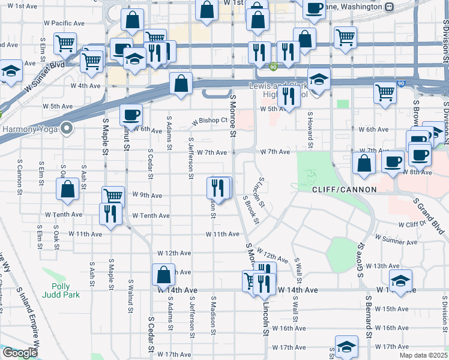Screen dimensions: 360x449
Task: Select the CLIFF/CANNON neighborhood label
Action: (344, 190)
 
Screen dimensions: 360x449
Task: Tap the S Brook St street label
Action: (251, 209)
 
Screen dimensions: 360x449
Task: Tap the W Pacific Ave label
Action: (64, 23)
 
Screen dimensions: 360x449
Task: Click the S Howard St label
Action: (310, 130)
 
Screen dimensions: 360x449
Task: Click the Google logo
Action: (19, 353)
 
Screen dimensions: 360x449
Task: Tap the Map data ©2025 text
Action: (424, 356)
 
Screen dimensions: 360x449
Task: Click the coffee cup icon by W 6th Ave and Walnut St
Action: (130, 115)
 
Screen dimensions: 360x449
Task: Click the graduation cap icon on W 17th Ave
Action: (346, 347)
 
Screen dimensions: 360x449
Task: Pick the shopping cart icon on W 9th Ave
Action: (113, 196)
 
